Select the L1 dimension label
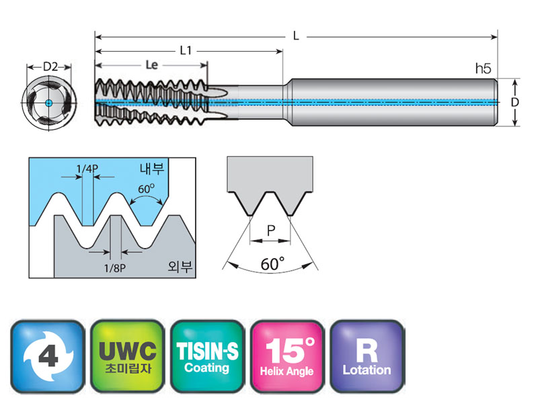(186, 51)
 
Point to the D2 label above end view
(49, 67)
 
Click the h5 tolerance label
(483, 68)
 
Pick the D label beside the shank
(514, 102)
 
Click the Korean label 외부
(180, 266)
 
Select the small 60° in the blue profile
(146, 190)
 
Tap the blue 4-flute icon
(48, 356)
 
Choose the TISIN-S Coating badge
(207, 356)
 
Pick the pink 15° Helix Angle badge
(287, 356)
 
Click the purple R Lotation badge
(367, 356)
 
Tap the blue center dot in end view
(49, 102)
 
